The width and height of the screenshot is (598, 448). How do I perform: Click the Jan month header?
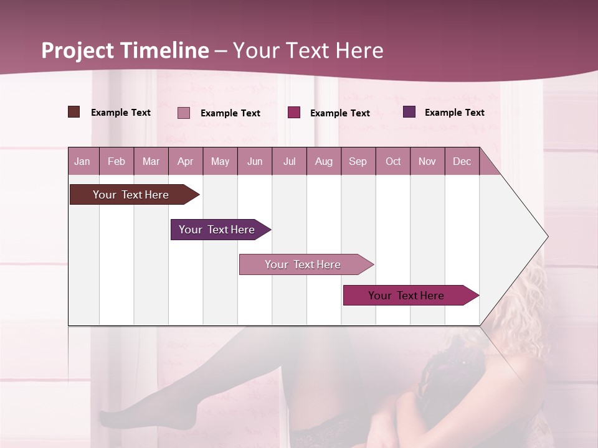82,161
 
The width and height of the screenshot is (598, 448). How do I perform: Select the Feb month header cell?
116,161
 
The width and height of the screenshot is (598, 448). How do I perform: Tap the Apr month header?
186,161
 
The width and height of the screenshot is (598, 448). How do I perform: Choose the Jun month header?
255,161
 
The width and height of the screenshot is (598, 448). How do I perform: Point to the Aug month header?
324,161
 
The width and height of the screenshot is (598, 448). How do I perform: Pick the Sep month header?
358,161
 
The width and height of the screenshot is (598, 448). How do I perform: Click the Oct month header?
393,161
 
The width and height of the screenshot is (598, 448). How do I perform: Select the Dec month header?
462,161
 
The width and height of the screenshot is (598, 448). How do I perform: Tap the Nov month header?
427,161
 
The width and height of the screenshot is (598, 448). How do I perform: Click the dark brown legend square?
74,112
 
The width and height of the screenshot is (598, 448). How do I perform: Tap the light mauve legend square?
184,113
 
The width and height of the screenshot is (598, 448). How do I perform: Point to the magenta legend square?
294,113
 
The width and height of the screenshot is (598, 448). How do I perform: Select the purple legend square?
409,112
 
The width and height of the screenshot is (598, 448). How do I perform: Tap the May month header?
220,161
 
